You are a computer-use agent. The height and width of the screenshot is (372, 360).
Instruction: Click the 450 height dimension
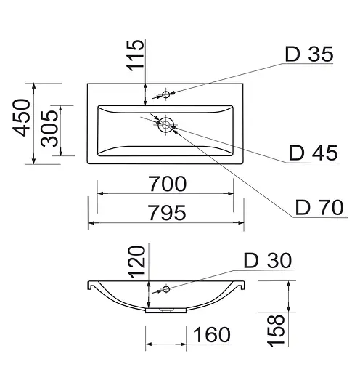pos(22,118)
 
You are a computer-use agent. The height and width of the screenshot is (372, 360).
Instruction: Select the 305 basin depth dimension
pos(49,129)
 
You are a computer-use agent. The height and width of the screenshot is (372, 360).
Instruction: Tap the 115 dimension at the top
pos(135,55)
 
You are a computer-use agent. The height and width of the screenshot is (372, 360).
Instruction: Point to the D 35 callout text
pos(309,54)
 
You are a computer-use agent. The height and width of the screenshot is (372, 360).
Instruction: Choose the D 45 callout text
pos(314,153)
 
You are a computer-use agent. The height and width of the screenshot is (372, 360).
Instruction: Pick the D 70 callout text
pos(319,207)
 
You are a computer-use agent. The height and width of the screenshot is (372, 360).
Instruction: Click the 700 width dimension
pos(168,184)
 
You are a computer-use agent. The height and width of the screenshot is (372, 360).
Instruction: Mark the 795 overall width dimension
pos(167,212)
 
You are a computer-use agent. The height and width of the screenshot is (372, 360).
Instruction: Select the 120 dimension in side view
pos(136,262)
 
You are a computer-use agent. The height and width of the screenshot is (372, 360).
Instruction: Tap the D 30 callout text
pos(268,260)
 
